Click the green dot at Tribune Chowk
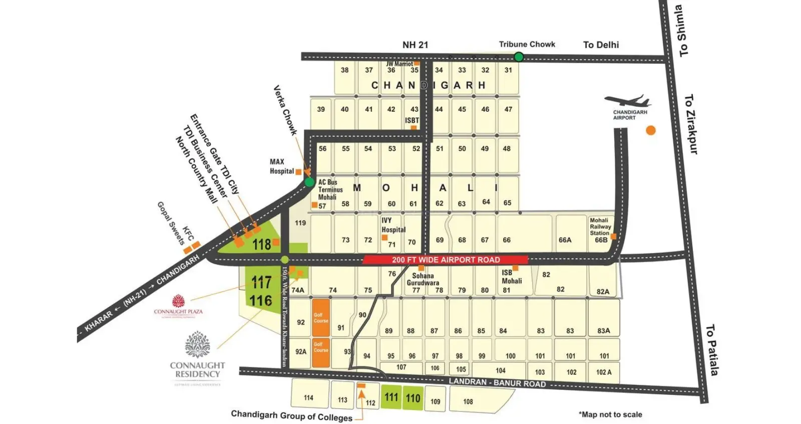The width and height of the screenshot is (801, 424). (519, 57)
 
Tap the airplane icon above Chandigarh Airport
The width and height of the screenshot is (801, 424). (627, 101)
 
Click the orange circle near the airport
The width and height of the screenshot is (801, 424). (650, 130)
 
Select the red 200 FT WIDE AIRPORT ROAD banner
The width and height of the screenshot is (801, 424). (445, 260)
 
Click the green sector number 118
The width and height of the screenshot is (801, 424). (261, 244)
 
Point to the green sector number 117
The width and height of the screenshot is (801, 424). (261, 283)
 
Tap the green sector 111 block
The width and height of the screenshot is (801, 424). (391, 397)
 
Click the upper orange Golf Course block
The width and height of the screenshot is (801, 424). (321, 318)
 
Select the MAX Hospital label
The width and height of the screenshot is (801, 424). (281, 166)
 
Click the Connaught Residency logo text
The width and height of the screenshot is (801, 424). (197, 370)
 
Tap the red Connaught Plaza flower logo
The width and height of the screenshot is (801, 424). (178, 301)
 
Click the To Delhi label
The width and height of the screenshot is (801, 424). (601, 45)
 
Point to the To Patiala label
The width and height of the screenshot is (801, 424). (712, 350)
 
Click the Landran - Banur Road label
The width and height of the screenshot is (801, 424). (497, 382)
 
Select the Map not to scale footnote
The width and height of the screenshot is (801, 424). (610, 414)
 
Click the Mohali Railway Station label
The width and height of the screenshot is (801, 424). (600, 227)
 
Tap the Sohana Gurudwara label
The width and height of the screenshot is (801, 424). (423, 279)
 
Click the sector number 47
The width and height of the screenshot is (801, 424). (508, 109)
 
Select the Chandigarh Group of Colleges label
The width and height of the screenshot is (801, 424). (291, 416)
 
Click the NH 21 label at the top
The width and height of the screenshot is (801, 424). (415, 45)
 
